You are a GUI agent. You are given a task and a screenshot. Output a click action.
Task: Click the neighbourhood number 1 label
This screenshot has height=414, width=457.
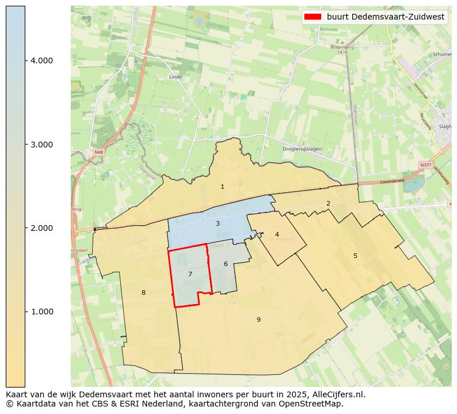point(222,187)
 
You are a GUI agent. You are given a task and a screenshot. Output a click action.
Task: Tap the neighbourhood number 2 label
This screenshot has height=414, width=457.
point(328,203)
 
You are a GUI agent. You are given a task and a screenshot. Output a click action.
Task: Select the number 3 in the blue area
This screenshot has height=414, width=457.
point(218,223)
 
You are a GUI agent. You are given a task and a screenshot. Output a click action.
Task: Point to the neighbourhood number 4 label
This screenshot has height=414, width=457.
point(277,234)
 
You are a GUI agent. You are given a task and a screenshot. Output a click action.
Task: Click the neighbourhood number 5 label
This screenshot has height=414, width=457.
point(355,256)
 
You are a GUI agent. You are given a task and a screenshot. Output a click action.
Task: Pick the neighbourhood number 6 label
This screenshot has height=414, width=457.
point(226,264)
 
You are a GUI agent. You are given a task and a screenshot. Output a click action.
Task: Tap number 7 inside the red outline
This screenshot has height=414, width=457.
point(190,274)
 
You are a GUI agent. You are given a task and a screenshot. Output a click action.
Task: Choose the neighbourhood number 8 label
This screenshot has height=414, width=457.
point(143,293)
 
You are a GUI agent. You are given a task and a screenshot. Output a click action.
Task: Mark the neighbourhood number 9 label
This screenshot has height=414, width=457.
point(258,320)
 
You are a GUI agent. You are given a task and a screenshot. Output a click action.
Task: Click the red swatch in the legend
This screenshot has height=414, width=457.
point(313,17)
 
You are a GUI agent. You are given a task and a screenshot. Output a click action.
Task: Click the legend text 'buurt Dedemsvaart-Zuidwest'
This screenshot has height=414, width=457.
point(386,17)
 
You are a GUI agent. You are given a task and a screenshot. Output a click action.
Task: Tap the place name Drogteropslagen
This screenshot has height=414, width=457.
point(302,149)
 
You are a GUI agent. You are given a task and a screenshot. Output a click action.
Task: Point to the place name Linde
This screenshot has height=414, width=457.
point(176,77)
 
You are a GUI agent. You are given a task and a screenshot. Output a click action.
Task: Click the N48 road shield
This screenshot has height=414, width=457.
point(99,152)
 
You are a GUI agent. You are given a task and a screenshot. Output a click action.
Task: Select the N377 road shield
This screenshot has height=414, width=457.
point(425,165)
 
